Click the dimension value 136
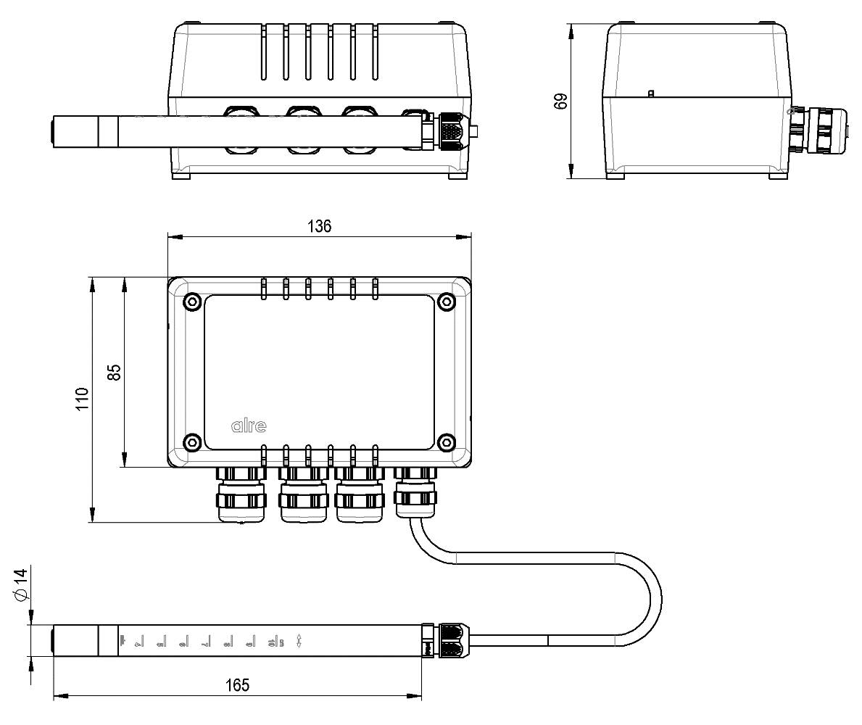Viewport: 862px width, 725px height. coord(319,225)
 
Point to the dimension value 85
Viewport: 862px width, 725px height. coord(114,372)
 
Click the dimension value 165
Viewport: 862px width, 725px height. coord(237,685)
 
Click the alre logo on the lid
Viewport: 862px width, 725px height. coord(249,426)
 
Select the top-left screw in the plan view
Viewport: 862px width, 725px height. coord(192,302)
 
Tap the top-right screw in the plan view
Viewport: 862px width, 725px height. coord(447,302)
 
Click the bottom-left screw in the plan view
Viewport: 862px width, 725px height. coord(192,442)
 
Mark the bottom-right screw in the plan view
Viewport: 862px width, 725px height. coord(447,442)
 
